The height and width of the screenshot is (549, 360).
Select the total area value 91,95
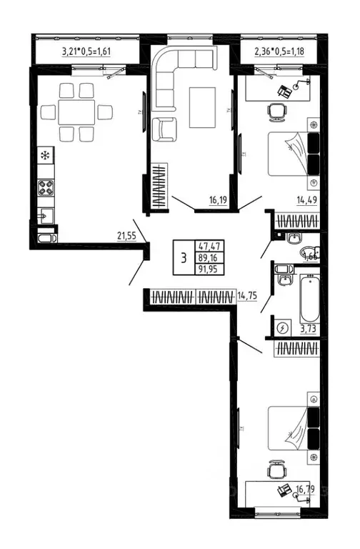(x=211, y=269)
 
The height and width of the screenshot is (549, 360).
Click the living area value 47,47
(x=211, y=245)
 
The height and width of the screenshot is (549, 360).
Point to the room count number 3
(x=184, y=258)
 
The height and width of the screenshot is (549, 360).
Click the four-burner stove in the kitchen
(x=45, y=189)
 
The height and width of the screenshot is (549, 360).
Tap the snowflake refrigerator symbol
(x=45, y=154)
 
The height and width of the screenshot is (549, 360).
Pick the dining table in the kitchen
(x=76, y=112)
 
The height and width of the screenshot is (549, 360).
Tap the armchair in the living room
(x=164, y=129)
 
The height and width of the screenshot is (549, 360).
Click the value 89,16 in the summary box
(x=211, y=257)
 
